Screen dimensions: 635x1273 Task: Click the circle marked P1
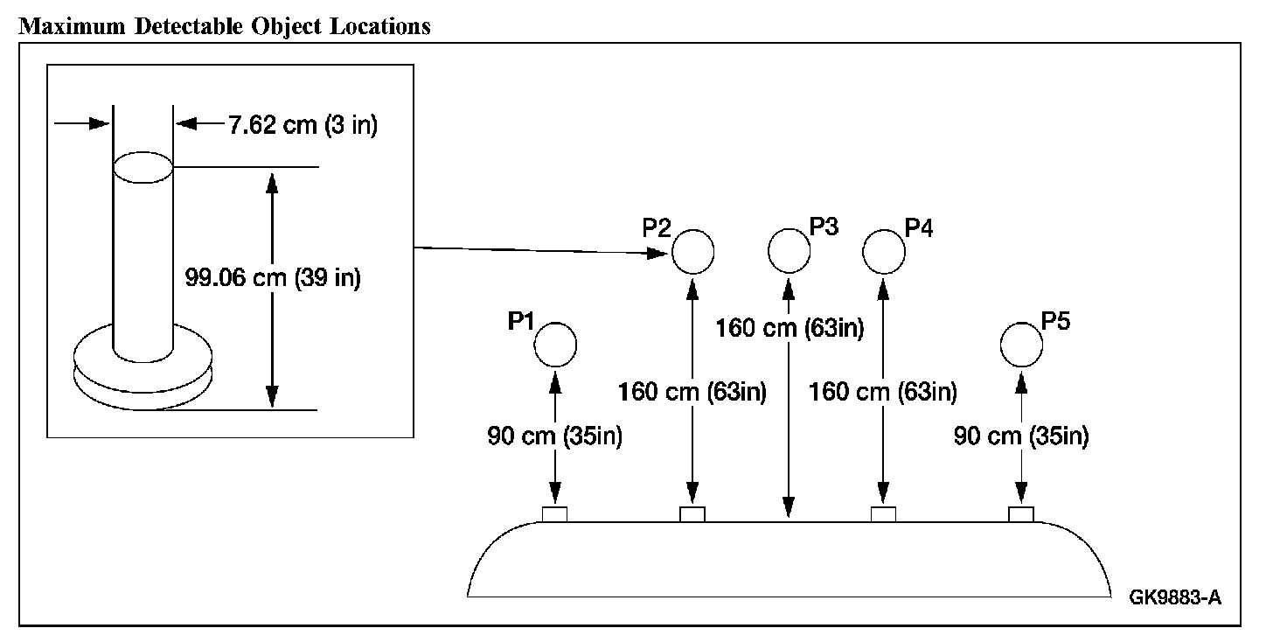pyautogui.click(x=555, y=344)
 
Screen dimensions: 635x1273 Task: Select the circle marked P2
pyautogui.click(x=692, y=251)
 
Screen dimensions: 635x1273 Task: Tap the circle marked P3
pyautogui.click(x=790, y=249)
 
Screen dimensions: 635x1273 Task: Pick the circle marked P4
pyautogui.click(x=884, y=251)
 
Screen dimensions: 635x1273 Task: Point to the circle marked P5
pyautogui.click(x=1021, y=344)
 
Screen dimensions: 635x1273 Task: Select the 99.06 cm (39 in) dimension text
pyautogui.click(x=273, y=278)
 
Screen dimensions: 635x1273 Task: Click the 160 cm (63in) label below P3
pyautogui.click(x=790, y=329)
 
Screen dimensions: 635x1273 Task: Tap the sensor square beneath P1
pyautogui.click(x=554, y=513)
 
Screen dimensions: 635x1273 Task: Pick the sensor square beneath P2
pyautogui.click(x=692, y=513)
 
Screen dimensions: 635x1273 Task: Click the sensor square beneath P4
pyautogui.click(x=884, y=513)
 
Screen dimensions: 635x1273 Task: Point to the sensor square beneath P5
pyautogui.click(x=1021, y=513)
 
